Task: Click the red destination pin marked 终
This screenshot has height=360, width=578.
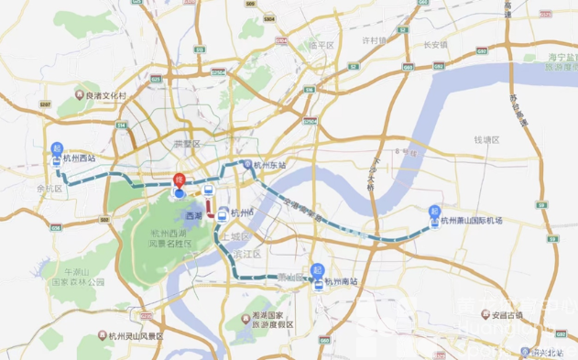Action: (x=180, y=180)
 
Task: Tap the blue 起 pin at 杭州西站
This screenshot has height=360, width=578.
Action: (x=57, y=148)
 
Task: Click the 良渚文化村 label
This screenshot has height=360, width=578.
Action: (x=104, y=93)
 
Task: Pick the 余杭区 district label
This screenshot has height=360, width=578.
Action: (x=49, y=189)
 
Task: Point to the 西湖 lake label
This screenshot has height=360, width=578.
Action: (x=193, y=215)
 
